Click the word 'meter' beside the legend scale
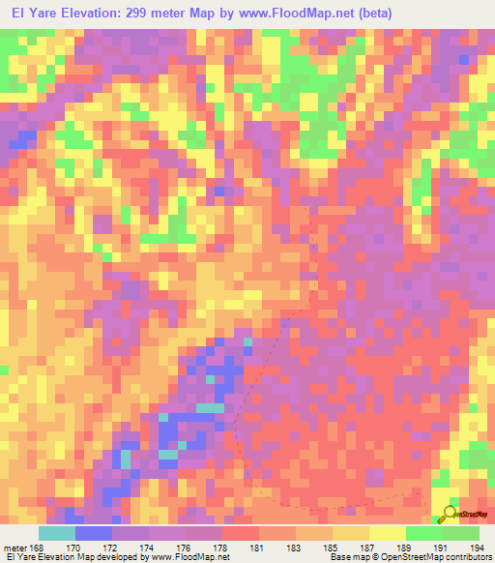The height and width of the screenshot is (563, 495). click(15, 547)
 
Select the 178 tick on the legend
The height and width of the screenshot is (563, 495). click(222, 547)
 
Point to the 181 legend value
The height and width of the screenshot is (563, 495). click(259, 547)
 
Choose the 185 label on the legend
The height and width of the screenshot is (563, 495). click(333, 547)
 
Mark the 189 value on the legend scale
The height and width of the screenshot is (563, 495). click(406, 547)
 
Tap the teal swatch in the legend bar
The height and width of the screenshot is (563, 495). click(57, 533)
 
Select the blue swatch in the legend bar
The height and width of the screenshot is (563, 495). click(94, 533)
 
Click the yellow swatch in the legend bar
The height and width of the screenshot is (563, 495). click(388, 533)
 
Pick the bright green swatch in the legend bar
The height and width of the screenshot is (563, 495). click(424, 533)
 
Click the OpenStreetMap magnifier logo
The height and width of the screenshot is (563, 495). click(449, 515)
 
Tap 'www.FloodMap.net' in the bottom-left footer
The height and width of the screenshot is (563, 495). click(184, 557)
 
